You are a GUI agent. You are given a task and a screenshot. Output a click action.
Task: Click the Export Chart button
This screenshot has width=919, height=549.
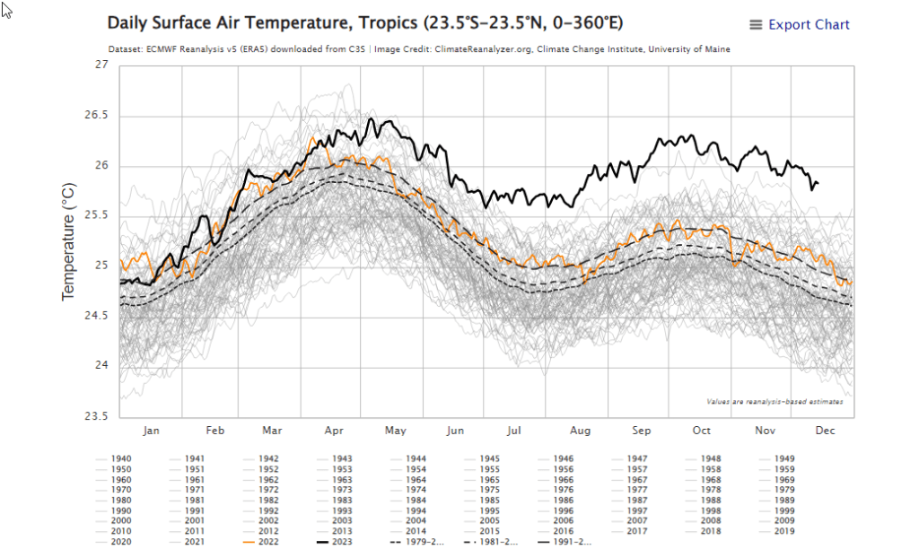coord(799,25)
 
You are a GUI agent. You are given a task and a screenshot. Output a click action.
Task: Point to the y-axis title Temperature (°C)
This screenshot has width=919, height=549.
coord(69,240)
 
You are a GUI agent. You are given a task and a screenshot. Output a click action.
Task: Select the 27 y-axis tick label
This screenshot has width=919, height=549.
coord(101,65)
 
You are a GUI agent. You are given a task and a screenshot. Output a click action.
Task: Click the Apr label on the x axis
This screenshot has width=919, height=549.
coord(334,431)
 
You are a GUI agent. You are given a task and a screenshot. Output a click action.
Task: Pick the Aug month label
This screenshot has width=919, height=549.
coord(581,431)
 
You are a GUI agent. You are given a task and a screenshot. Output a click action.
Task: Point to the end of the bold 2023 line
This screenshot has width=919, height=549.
coord(818,183)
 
